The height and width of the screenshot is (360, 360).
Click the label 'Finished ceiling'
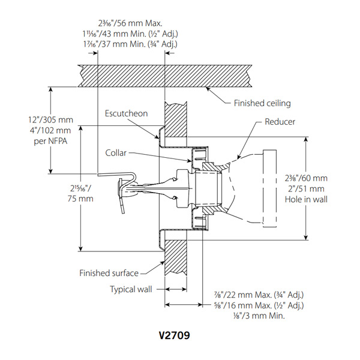point(262,103)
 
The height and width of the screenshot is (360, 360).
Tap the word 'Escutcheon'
point(127,113)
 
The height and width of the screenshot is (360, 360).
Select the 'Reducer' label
point(280,122)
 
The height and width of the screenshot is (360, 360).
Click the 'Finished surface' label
point(109,274)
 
